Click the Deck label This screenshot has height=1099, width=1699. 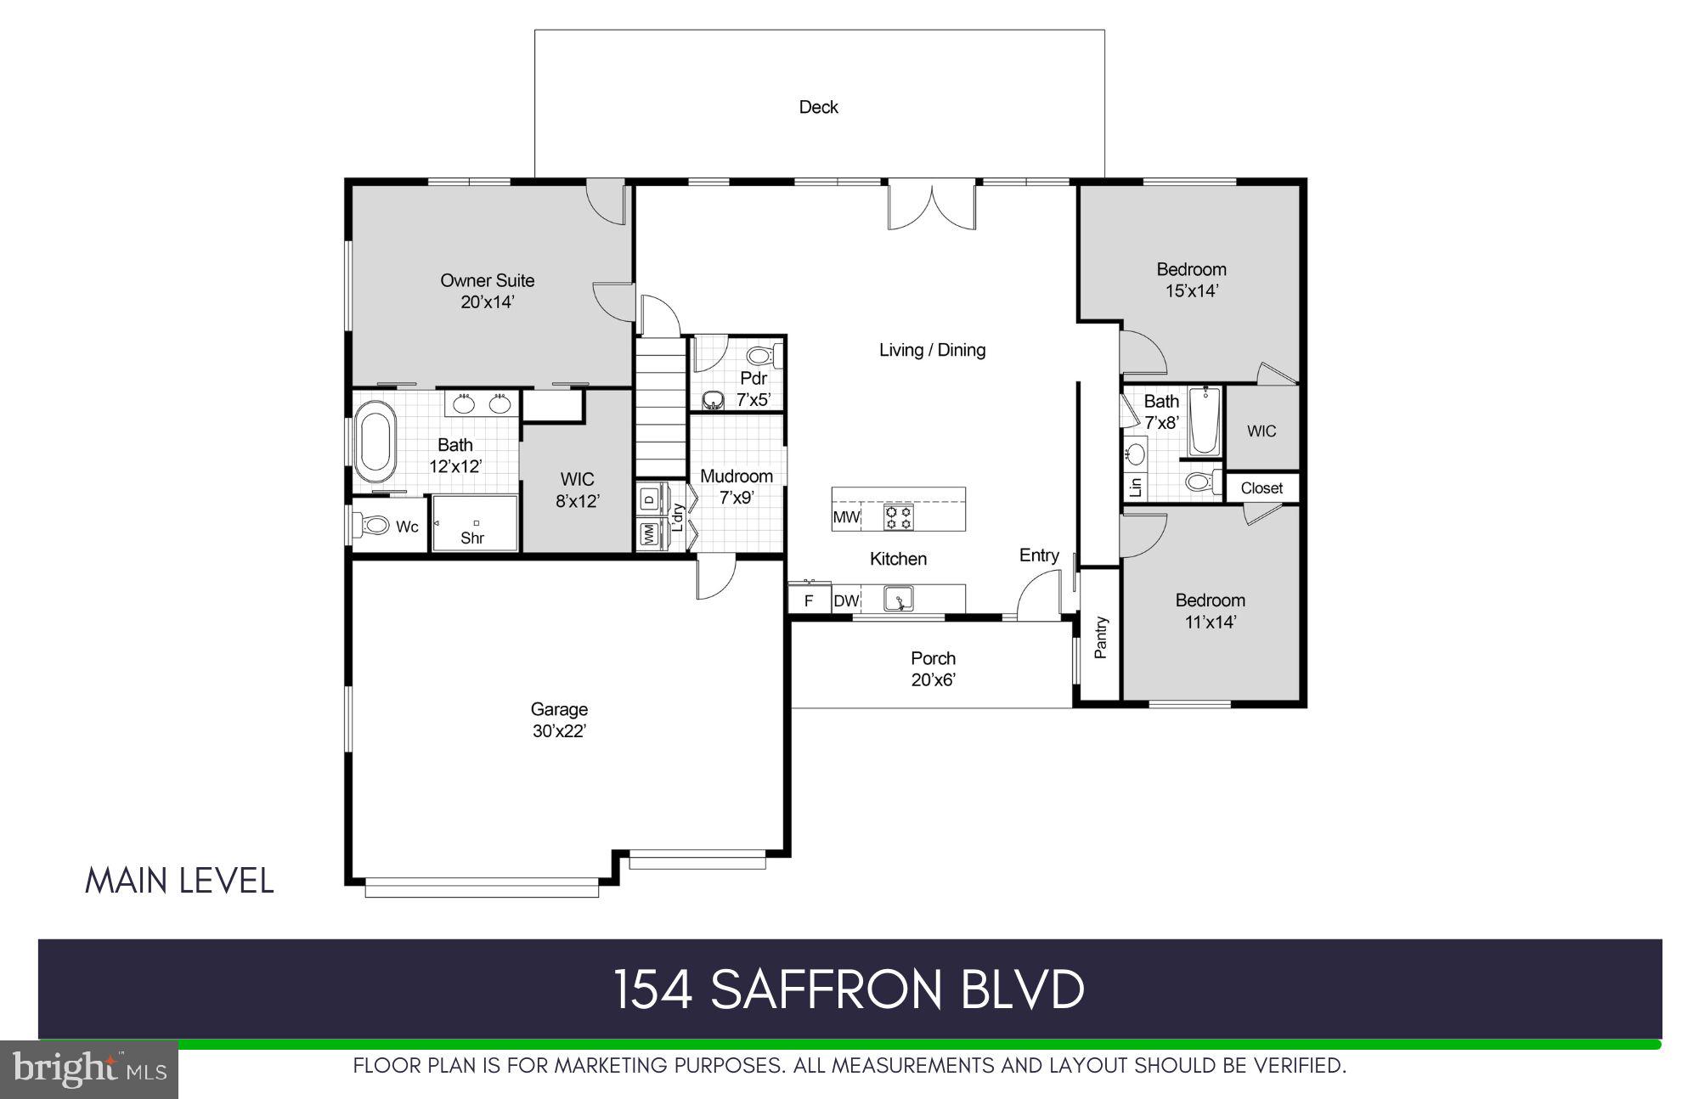coord(818,107)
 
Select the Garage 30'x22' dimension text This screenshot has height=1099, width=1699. coord(559,731)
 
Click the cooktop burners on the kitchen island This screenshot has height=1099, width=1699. coord(898,516)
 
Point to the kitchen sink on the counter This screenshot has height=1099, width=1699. coord(898,600)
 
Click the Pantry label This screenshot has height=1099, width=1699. coord(1101,637)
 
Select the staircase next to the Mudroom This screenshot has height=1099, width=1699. coord(661,408)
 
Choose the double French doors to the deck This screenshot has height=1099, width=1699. coord(931,206)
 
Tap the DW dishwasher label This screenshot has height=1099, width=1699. coord(845,601)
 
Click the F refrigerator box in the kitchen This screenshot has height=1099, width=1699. coord(809,601)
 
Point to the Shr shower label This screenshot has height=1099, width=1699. coord(472,538)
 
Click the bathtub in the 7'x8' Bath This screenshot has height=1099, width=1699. coord(1203,422)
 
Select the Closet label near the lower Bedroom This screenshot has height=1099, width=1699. coord(1262,488)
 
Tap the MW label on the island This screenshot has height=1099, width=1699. coord(846,517)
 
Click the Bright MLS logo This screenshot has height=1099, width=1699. coord(89,1069)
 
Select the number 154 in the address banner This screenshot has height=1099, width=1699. coord(652,989)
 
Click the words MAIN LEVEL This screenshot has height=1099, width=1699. coord(179,881)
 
